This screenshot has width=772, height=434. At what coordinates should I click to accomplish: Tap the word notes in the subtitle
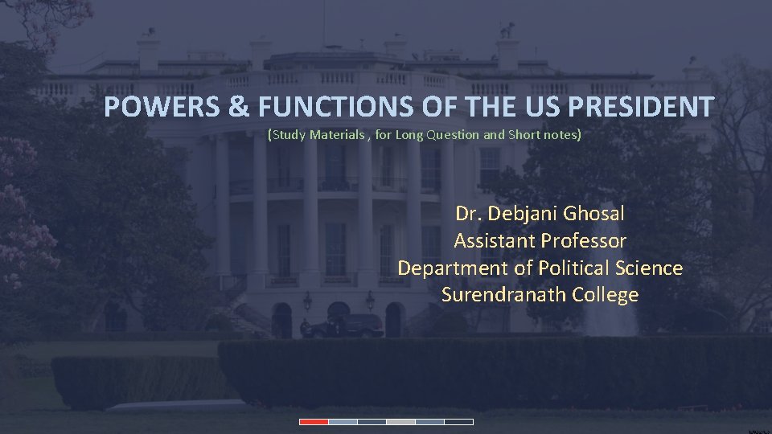pos(561,135)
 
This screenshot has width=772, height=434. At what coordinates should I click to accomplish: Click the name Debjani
pos(521,214)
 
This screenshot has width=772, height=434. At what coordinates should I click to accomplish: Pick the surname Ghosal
pos(593,214)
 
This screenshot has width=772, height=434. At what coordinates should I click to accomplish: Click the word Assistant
pos(495,240)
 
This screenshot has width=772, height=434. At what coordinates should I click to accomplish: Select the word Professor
pos(584,240)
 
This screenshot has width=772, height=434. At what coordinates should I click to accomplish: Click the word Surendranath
pos(504,295)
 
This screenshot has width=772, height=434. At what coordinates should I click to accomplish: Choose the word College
pos(606,295)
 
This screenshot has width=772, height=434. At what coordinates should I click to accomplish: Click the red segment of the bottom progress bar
pos(314,421)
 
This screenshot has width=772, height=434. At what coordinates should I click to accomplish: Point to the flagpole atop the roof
pos(323,24)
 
